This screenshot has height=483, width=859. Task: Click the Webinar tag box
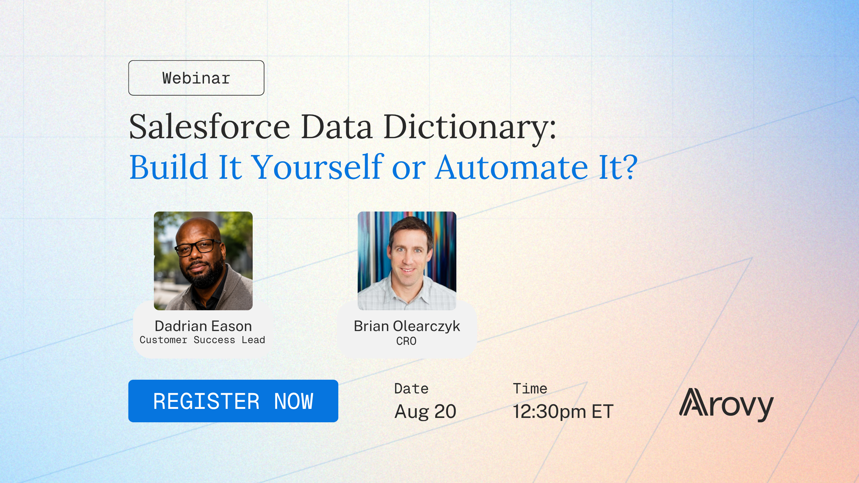196,78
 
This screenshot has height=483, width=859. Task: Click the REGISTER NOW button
233,401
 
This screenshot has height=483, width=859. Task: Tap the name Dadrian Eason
203,326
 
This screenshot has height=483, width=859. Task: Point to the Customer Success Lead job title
202,340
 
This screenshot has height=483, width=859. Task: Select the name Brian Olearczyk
407,326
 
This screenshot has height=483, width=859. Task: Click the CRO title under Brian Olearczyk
406,341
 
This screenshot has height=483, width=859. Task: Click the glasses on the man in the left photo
198,248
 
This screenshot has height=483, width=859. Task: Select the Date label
411,389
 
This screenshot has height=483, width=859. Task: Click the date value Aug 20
425,411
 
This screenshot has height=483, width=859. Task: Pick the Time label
530,389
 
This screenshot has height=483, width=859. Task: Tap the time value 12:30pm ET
563,412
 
